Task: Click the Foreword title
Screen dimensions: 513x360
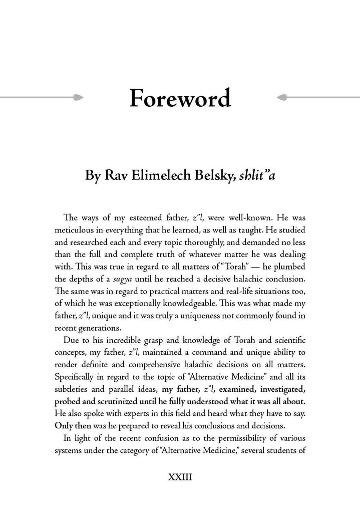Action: coord(180,99)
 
